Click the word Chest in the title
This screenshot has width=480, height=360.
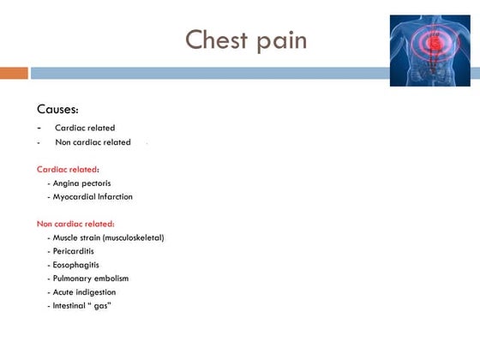214,39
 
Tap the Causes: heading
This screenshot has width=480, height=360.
58,109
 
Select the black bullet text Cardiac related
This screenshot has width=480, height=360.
85,128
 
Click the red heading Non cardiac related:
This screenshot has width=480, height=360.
75,224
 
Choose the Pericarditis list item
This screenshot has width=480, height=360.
76,251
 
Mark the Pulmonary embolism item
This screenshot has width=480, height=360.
91,279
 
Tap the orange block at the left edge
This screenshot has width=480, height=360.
14,73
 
